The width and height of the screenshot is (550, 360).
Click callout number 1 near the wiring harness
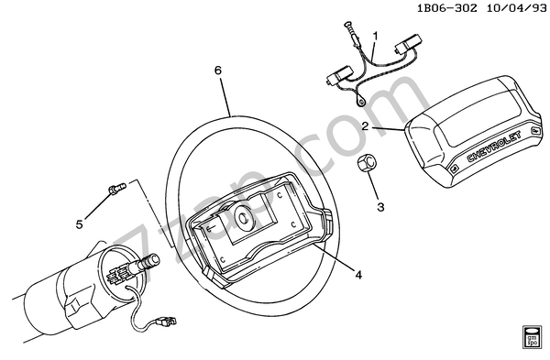tap(376, 35)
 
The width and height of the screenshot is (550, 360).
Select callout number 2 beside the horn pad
tap(365, 126)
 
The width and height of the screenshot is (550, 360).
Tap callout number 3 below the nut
tap(380, 208)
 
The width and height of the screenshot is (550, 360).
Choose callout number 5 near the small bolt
tap(80, 224)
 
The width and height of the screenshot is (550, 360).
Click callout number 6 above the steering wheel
tap(217, 71)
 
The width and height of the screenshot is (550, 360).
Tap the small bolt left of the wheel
tap(114, 190)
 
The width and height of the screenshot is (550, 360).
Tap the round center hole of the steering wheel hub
tap(243, 218)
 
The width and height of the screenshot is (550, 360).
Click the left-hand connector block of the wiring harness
tap(337, 79)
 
